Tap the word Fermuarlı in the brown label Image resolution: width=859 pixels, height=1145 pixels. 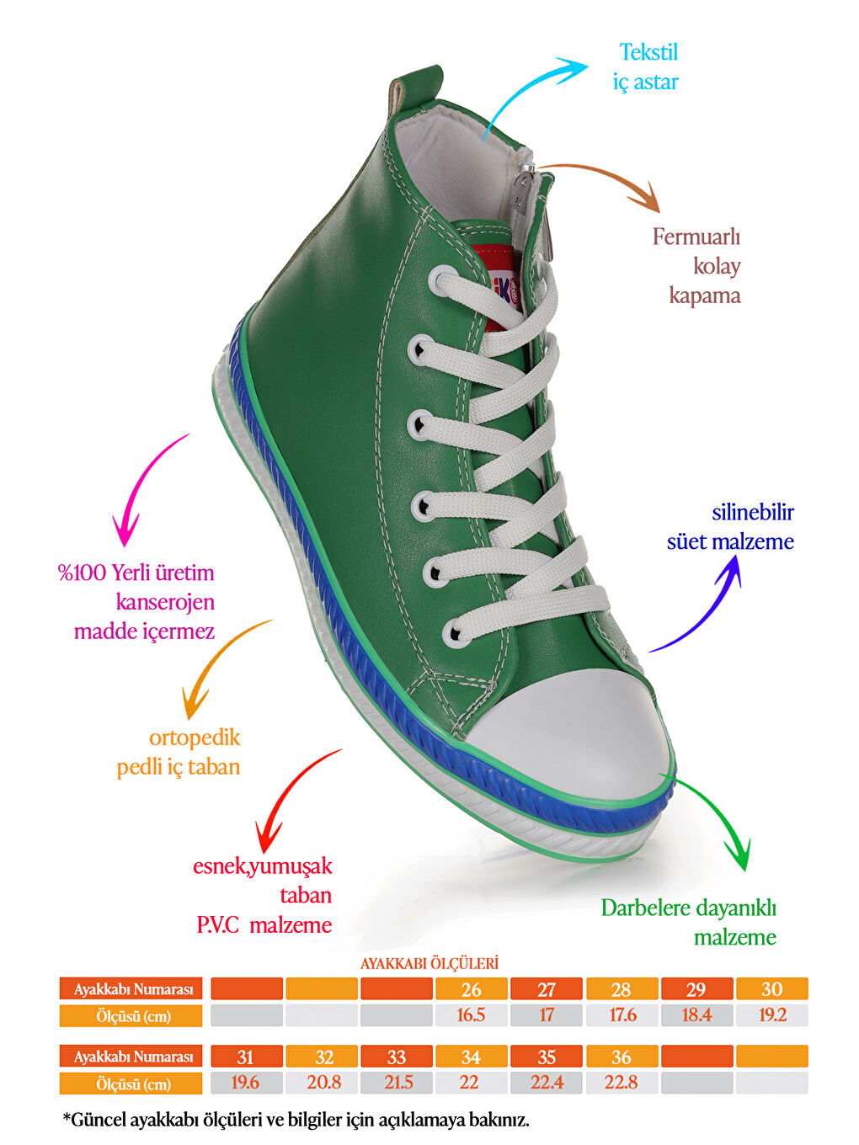tap(696, 237)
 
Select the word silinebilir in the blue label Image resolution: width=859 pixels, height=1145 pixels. tap(753, 512)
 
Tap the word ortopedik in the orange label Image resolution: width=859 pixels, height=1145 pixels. tap(195, 738)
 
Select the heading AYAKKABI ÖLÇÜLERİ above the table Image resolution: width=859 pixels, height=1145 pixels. tap(429, 963)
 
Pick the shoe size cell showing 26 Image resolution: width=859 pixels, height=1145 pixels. tap(471, 989)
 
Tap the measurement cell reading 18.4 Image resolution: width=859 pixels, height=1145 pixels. tap(696, 1015)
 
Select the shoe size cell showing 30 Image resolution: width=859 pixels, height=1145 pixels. tap(772, 989)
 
